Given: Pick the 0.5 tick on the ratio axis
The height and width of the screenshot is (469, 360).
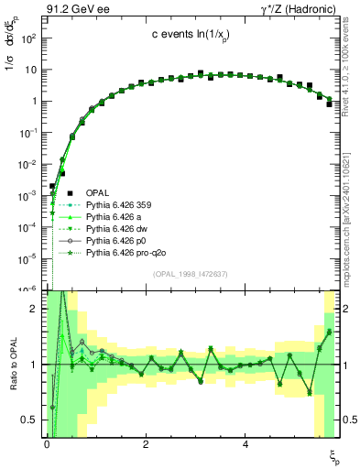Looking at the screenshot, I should tap(29, 420).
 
